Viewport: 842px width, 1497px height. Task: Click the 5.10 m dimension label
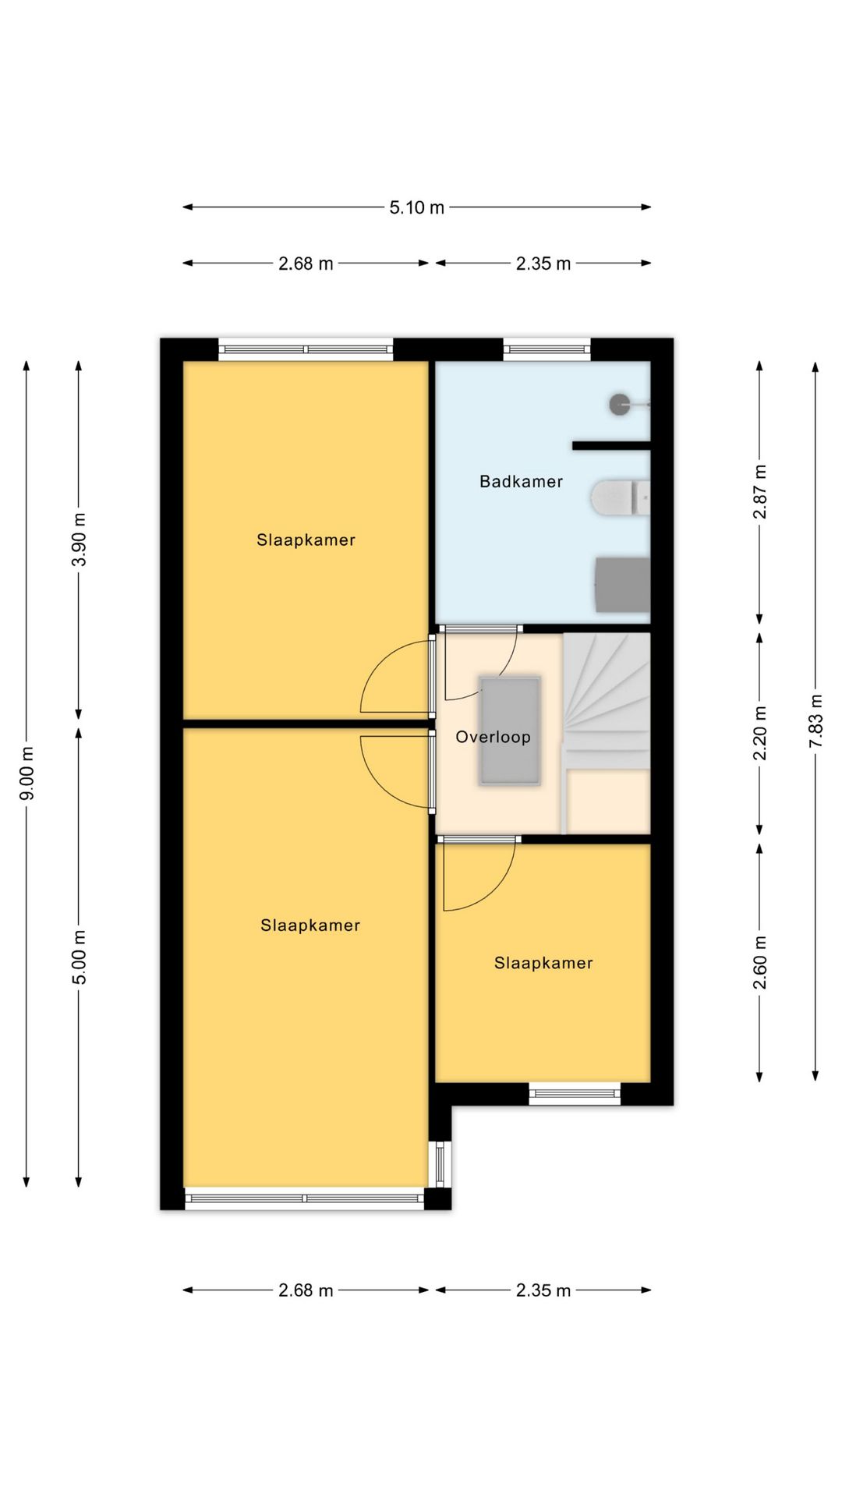tap(417, 207)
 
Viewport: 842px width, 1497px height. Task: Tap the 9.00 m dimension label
tap(27, 773)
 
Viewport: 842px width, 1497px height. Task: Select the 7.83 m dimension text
tap(815, 721)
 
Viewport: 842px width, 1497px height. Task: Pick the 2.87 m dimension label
tap(760, 492)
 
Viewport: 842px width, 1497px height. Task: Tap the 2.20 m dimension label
tap(760, 733)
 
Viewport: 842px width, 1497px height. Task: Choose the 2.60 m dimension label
tap(760, 963)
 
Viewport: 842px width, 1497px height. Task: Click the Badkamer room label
tap(521, 482)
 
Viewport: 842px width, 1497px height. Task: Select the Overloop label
tap(493, 737)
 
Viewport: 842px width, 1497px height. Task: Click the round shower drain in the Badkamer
tap(621, 404)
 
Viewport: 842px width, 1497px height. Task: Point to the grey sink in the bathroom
tap(622, 585)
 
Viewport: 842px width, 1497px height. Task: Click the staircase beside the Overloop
tap(607, 733)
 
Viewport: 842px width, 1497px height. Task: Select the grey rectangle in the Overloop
tap(510, 731)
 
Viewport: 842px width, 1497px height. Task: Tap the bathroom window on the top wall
tap(547, 349)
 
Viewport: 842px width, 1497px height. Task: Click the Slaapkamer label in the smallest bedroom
tap(543, 963)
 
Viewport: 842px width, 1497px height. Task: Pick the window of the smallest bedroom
tap(575, 1094)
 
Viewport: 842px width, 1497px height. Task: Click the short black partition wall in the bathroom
tap(611, 446)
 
